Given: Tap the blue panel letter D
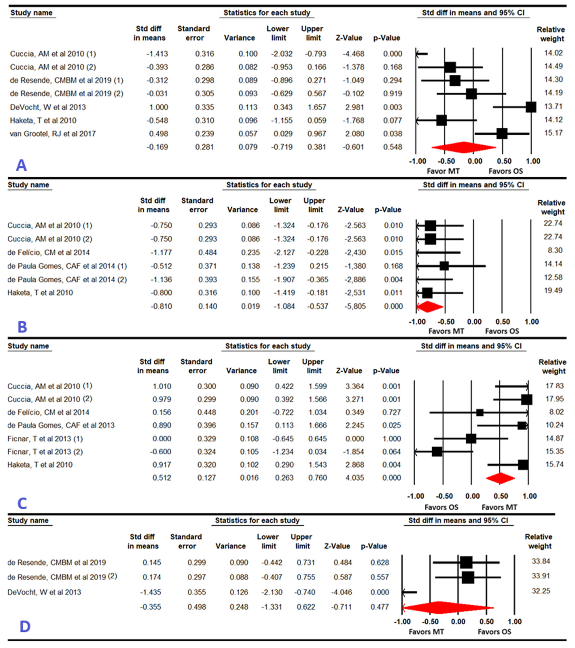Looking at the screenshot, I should tap(25, 627).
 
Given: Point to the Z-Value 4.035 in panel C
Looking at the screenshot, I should tap(355, 478).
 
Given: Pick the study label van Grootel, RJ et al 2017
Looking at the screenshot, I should tap(53, 134).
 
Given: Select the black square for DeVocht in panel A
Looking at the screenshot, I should tap(531, 107).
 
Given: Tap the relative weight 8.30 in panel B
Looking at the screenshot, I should tap(555, 250).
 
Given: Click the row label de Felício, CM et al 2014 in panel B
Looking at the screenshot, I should tap(48, 253).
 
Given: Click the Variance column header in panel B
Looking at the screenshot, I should tap(243, 210).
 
